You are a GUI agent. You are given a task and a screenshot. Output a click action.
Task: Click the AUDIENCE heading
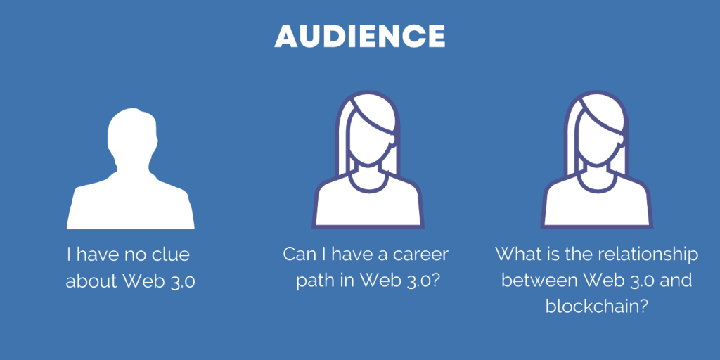[359, 37]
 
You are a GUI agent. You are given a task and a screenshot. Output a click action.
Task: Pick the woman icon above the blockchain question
[596, 160]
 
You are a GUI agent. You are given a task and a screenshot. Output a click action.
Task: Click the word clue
[171, 255]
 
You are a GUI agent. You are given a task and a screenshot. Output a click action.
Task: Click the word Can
[297, 255]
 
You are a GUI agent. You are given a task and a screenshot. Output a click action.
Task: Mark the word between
[532, 281]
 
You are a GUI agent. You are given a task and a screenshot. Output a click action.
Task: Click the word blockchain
[596, 307]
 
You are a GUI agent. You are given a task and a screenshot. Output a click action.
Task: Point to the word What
[513, 255]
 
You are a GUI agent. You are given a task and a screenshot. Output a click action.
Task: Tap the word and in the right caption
[676, 281]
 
